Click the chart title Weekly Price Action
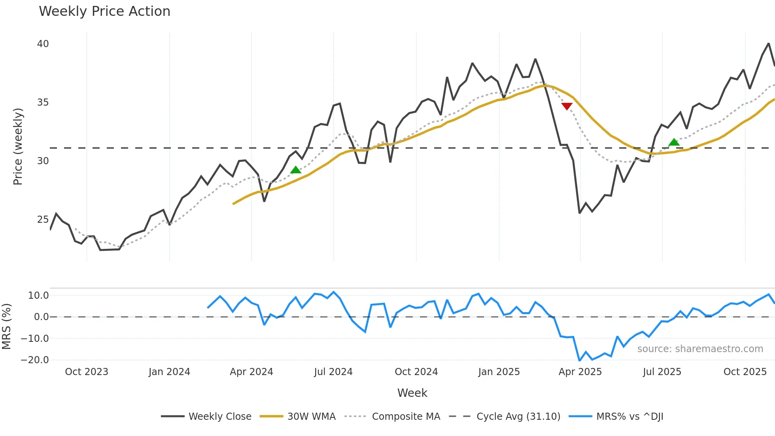pos(104,11)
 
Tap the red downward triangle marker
pos(567,106)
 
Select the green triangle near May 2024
pos(296,170)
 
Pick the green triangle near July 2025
pos(674,142)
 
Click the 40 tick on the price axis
pos(43,44)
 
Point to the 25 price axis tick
pos(43,220)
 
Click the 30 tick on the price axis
pos(43,161)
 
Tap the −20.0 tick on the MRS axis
pos(35,360)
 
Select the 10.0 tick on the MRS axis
pos(38,296)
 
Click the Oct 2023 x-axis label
pos(87,372)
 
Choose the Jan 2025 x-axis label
pos(499,372)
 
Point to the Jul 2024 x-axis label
pos(333,372)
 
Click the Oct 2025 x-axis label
pos(745,372)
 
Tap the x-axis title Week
pos(412,393)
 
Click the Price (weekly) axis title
pos(18,146)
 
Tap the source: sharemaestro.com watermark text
pos(700,349)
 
